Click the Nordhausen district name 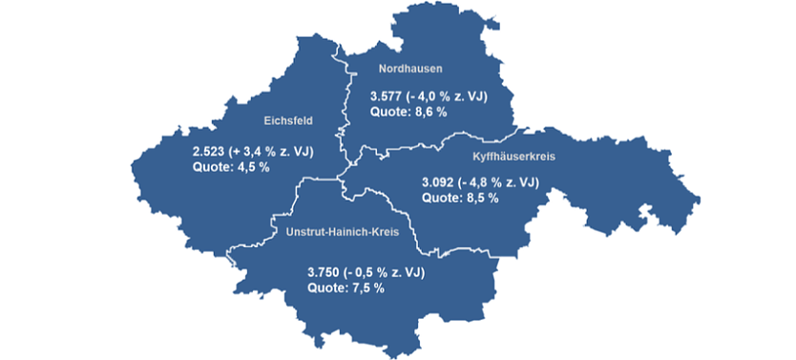tap(410, 69)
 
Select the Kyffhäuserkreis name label tap(514, 155)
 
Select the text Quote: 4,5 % tap(231, 167)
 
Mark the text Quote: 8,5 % tap(460, 198)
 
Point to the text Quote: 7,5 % tap(346, 287)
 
